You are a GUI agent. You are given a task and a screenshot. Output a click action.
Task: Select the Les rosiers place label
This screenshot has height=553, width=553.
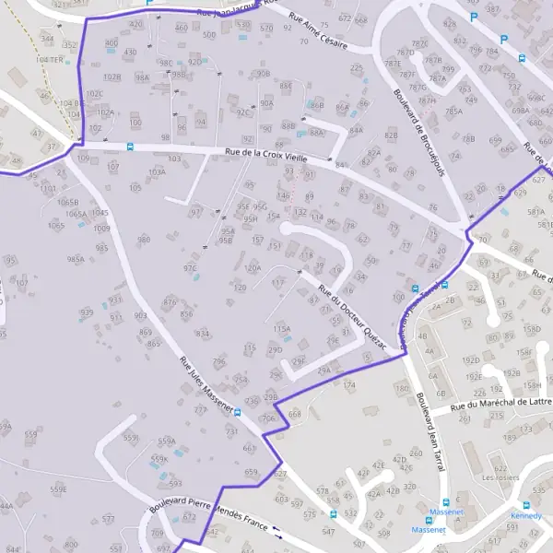click(500, 478)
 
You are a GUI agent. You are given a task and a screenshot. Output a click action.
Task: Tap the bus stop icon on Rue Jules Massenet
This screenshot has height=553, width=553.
click(238, 412)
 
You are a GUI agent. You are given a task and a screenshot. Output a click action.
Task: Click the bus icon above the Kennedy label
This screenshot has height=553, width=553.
click(526, 505)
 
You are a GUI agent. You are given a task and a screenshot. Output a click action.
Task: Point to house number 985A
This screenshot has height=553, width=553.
click(76, 260)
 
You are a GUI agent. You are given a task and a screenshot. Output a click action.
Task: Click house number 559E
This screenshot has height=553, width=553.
click(58, 488)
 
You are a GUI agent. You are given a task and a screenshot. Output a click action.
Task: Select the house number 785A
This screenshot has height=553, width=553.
click(453, 111)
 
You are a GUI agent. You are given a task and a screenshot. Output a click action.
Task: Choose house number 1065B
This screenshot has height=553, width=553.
click(67, 202)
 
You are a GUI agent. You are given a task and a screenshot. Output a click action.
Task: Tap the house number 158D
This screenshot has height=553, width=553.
click(532, 328)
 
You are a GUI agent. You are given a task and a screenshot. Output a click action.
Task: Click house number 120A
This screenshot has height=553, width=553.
click(252, 268)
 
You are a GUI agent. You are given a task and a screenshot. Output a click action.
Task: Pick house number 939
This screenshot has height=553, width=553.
click(86, 313)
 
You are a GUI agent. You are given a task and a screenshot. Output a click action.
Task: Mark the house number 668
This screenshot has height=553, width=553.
click(294, 415)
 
